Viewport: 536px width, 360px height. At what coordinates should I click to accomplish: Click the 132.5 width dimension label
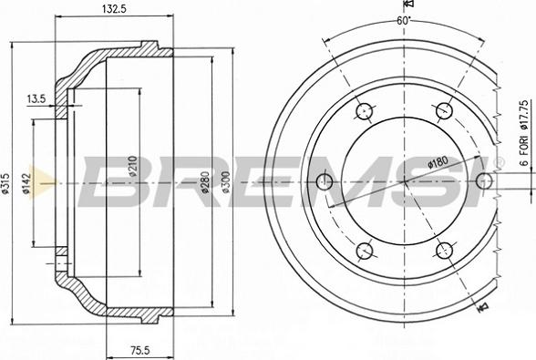(114, 9)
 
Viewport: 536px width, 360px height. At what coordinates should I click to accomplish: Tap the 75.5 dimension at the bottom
(140, 350)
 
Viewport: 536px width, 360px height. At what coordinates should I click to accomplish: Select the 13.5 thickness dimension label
(36, 99)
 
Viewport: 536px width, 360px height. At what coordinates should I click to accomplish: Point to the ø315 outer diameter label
(5, 183)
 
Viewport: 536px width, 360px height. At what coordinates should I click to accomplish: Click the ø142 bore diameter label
(26, 183)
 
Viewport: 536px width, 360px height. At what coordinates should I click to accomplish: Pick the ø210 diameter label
(133, 166)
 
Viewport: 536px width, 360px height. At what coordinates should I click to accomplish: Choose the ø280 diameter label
(205, 182)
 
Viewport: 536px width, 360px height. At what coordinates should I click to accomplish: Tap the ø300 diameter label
(226, 182)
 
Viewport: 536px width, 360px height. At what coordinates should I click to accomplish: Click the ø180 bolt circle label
(438, 161)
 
